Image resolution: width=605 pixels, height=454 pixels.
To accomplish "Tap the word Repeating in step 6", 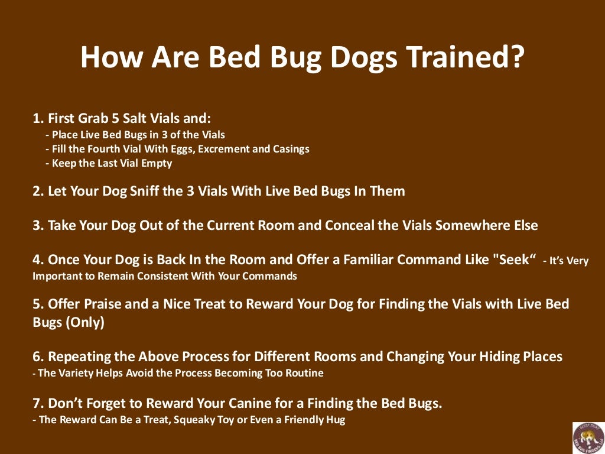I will tap(77, 356).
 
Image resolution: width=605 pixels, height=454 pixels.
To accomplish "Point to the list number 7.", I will tap(37, 403).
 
